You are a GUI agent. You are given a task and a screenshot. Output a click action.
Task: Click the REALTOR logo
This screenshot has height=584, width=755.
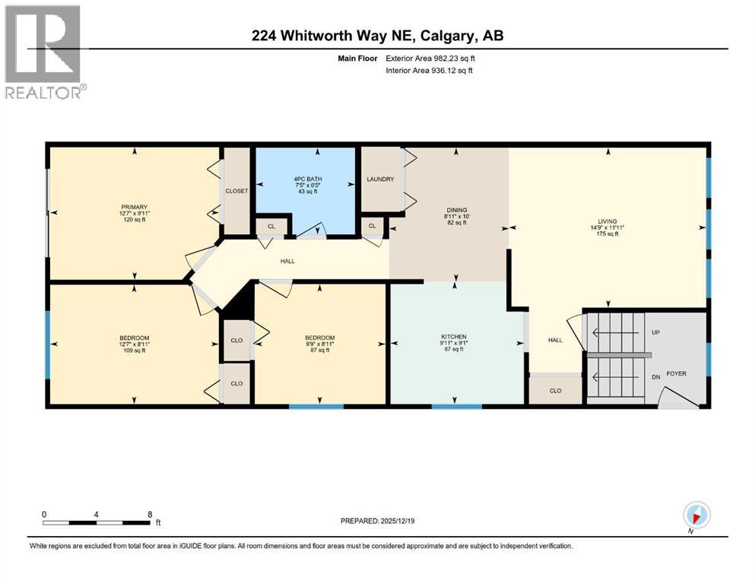[x=43, y=52]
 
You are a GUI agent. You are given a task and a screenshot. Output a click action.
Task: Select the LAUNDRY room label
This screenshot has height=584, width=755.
[x=380, y=179]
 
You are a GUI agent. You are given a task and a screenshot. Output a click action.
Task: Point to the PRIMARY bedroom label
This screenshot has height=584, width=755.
[x=133, y=206]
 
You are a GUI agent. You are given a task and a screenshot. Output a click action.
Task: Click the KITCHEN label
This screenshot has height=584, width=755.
[x=454, y=337]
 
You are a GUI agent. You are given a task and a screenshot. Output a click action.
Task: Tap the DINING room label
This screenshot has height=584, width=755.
[x=457, y=210]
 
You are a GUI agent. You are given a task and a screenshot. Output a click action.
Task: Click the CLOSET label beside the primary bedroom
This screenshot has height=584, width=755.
[x=236, y=191]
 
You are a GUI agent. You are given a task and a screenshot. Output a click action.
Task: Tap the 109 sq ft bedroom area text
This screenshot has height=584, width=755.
[x=134, y=351]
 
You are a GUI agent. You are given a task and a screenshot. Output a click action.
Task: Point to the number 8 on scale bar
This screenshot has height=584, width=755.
[x=150, y=514]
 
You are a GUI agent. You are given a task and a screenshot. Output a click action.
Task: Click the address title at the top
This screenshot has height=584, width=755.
[x=377, y=36]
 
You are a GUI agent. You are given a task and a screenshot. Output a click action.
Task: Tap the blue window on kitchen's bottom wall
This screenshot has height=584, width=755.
[x=457, y=407]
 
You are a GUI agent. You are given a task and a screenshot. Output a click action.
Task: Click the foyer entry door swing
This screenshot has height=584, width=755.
[x=673, y=398]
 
